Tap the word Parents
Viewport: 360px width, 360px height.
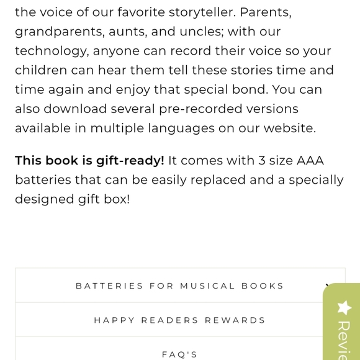pyautogui.click(x=265, y=12)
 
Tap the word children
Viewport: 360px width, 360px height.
pyautogui.click(x=42, y=70)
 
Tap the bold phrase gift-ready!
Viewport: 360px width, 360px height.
pyautogui.click(x=130, y=161)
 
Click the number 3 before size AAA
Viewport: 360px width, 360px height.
pyautogui.click(x=262, y=161)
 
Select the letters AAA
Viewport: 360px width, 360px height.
pyautogui.click(x=310, y=161)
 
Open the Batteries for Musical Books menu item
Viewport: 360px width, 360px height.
pyautogui.click(x=180, y=286)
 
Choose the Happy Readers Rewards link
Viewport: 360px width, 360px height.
pyautogui.click(x=180, y=320)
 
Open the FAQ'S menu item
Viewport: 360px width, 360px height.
pyautogui.click(x=180, y=354)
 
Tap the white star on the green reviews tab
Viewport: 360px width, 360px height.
pyautogui.click(x=344, y=307)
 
